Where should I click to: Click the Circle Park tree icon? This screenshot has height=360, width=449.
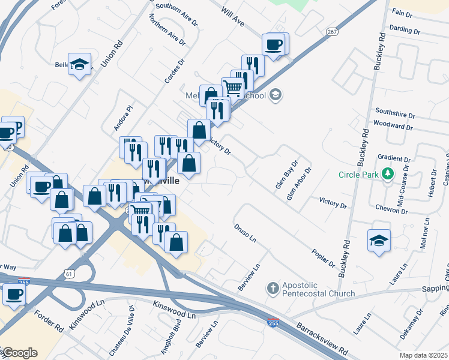tap(388, 175)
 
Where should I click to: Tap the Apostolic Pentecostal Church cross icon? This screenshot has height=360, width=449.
tap(273, 288)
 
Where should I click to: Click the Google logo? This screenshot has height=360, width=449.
tap(19, 352)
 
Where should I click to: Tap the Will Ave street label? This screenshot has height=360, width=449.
tap(233, 17)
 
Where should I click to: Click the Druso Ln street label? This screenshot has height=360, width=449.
tap(245, 233)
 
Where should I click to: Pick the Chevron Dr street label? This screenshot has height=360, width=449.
tap(392, 211)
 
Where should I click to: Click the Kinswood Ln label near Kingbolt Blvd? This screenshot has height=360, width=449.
tap(175, 310)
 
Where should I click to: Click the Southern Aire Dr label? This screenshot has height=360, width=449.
tap(176, 14)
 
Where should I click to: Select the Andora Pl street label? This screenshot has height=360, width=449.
tap(122, 119)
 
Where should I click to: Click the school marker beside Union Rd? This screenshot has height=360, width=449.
tap(79, 64)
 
